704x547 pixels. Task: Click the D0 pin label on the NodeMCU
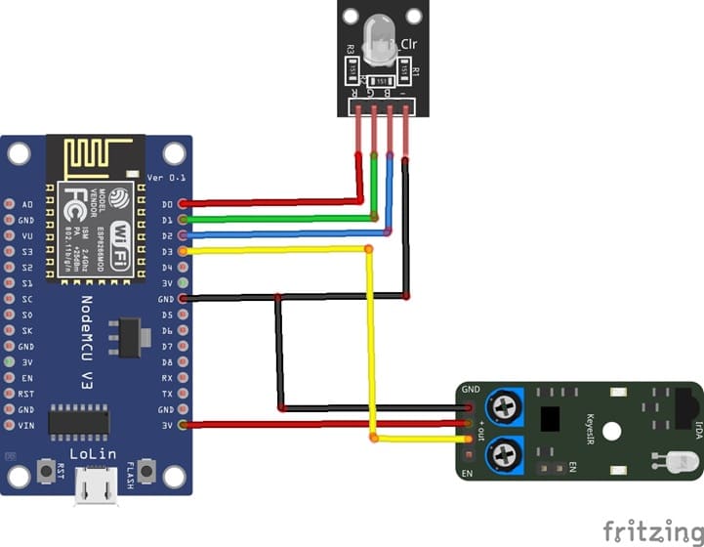(x=167, y=204)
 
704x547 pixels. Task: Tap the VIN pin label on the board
(x=26, y=425)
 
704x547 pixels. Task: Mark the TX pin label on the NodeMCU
(x=167, y=394)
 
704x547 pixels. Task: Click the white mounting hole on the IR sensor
(x=612, y=430)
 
